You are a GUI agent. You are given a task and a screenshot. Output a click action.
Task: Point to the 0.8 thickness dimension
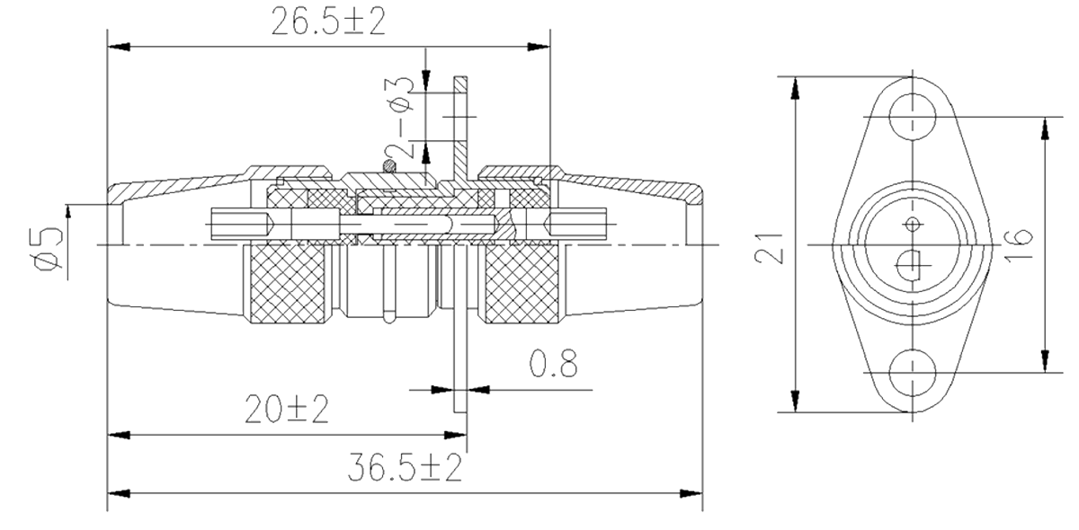tap(552, 365)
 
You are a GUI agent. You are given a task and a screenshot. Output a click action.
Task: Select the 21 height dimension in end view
tap(770, 245)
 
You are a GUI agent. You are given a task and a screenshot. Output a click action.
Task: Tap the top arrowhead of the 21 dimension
tap(795, 86)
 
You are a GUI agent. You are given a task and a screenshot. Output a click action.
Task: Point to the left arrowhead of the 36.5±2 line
tap(114, 492)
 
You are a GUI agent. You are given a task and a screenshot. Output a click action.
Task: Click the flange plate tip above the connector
tap(460, 81)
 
